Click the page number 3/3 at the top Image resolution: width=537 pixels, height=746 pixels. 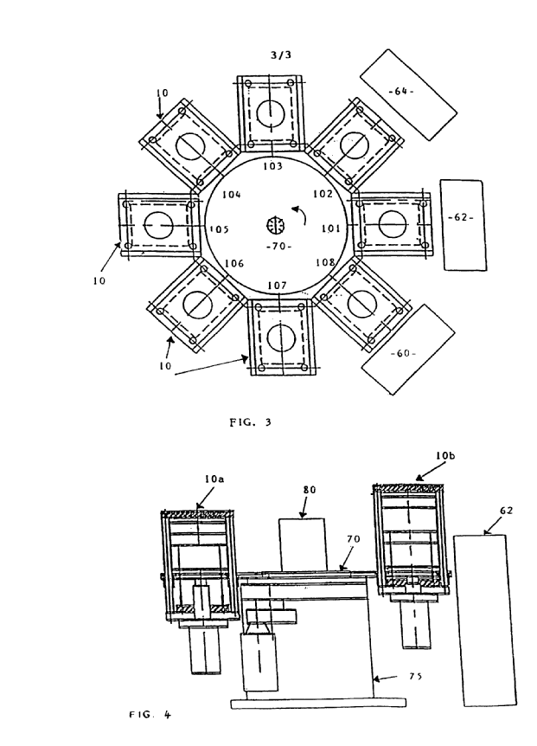(279, 54)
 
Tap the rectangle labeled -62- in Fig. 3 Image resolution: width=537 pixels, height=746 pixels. (463, 216)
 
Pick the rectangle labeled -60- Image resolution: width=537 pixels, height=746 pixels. (407, 353)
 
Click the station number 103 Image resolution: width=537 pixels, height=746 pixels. (273, 164)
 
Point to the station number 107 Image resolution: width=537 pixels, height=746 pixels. (276, 285)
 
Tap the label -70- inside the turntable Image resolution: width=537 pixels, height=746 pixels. (278, 246)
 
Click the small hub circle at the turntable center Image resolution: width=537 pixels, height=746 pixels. (278, 227)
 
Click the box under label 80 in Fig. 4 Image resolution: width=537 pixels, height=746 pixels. (302, 542)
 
